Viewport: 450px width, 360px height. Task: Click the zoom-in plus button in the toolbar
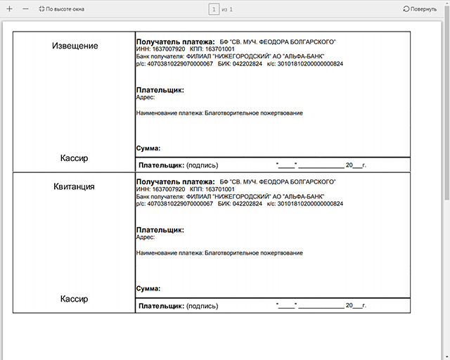click(x=9, y=8)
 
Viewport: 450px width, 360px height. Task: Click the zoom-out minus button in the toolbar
click(x=26, y=8)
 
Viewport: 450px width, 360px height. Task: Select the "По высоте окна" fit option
click(x=62, y=9)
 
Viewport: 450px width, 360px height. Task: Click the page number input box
click(x=214, y=9)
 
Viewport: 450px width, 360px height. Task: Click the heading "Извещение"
click(x=75, y=46)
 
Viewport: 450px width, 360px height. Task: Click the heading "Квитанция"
click(x=75, y=187)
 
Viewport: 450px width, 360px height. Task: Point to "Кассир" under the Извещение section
click(x=75, y=158)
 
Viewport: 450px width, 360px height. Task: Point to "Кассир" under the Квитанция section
click(x=75, y=299)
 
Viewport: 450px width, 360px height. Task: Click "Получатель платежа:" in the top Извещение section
click(x=175, y=41)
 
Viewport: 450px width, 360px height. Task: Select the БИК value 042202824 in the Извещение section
click(x=247, y=63)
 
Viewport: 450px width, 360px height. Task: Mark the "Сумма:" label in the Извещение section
click(x=148, y=148)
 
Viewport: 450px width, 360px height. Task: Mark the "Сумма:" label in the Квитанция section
click(x=148, y=289)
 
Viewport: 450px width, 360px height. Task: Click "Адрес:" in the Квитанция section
click(x=146, y=238)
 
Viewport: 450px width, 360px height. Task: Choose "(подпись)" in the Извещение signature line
click(x=202, y=166)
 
